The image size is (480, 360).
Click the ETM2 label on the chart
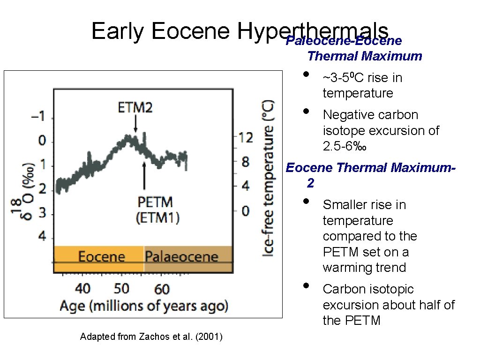click(x=135, y=108)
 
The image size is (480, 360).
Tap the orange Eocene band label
click(x=102, y=257)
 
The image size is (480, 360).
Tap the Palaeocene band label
click(x=181, y=257)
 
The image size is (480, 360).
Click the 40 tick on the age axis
click(x=82, y=287)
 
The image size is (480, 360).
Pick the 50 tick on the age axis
click(x=121, y=287)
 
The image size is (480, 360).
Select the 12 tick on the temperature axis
click(x=246, y=137)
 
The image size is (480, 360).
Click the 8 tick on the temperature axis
click(x=246, y=162)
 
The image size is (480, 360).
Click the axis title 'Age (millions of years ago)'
click(x=144, y=306)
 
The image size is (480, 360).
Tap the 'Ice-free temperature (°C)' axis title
click(x=269, y=179)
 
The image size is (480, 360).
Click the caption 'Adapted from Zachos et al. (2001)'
click(x=151, y=337)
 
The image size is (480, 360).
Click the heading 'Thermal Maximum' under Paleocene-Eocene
click(x=365, y=57)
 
